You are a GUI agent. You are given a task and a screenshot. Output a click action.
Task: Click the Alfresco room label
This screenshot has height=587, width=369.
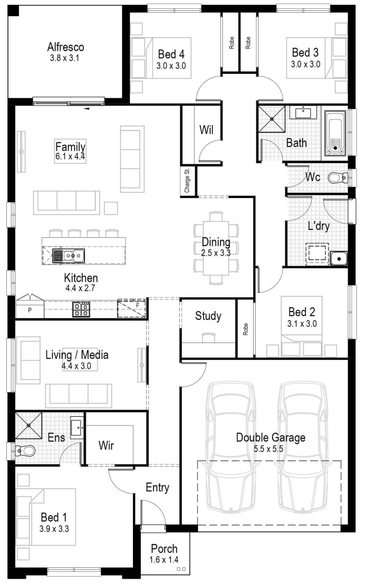pyautogui.click(x=65, y=47)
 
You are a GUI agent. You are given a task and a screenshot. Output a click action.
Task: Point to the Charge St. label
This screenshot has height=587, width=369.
pyautogui.click(x=187, y=181)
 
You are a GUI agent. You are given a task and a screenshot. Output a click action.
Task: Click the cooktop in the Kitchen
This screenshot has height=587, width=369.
pyautogui.click(x=81, y=309)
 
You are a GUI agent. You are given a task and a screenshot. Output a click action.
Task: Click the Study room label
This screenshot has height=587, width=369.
pyautogui.click(x=208, y=316)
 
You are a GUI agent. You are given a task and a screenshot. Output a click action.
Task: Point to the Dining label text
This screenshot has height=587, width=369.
pyautogui.click(x=216, y=242)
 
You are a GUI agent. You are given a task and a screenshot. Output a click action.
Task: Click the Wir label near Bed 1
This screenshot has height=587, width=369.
pyautogui.click(x=106, y=445)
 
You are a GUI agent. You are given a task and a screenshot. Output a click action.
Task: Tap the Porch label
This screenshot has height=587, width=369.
pyautogui.click(x=164, y=549)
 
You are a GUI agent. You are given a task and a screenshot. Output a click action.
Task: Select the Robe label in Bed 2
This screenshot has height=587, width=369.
pyautogui.click(x=245, y=329)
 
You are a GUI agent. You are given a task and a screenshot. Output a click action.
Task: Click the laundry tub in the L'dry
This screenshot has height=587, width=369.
pyautogui.click(x=338, y=258)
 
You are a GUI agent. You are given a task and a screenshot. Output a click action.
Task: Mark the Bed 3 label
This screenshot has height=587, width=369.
pyautogui.click(x=305, y=52)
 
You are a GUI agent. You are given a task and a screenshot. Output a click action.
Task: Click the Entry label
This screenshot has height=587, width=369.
pyautogui.click(x=157, y=487)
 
